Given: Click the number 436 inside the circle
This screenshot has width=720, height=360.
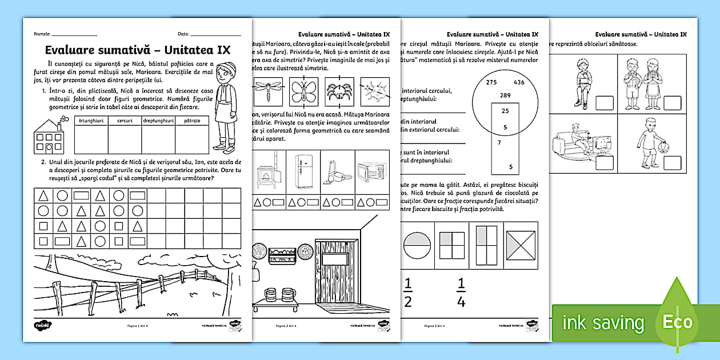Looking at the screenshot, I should click(x=519, y=82).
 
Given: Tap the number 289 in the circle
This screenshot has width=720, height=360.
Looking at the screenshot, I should click(x=505, y=95).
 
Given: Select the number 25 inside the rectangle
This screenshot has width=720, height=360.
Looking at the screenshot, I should click(x=505, y=111).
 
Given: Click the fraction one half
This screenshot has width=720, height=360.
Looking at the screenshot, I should click(x=408, y=292).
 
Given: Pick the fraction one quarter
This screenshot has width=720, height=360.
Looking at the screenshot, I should click(x=461, y=292).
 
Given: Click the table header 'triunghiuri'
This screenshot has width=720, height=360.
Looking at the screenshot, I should click(x=91, y=121).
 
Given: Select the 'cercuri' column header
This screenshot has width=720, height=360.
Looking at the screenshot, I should click(x=125, y=121).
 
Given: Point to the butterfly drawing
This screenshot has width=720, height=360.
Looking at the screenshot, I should click(x=303, y=91).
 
